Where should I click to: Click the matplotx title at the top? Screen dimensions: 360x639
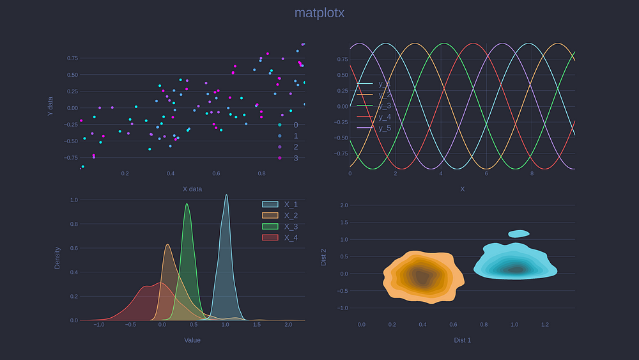319,13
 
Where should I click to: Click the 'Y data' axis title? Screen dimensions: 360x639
50,106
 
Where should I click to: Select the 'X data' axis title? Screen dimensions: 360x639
192,189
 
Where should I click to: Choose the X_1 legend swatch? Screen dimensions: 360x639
270,205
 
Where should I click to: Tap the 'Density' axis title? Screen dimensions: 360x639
58,258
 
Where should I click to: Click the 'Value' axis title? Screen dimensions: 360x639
192,340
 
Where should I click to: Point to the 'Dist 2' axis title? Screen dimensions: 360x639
323,257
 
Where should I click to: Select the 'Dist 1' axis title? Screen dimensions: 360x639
462,340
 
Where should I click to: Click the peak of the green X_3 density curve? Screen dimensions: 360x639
187,204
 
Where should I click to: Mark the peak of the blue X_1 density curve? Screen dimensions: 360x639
226,196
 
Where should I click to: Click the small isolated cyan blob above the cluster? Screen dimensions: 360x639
519,234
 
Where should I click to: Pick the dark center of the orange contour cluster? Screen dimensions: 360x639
420,276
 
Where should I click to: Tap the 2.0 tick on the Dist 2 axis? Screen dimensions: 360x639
344,205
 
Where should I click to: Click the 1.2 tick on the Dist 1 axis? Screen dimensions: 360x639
545,325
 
